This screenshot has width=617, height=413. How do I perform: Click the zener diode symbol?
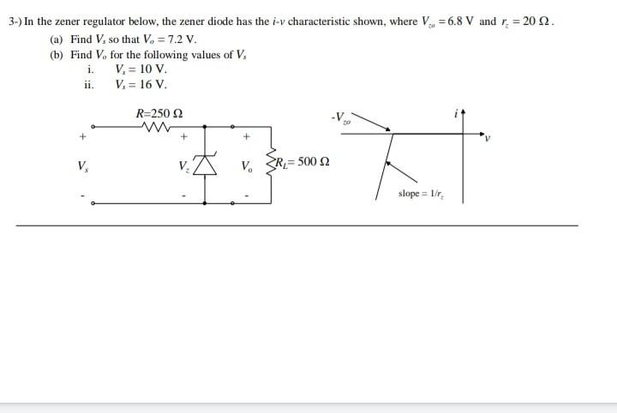point(206,165)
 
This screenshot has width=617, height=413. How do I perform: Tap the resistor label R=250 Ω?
point(159,113)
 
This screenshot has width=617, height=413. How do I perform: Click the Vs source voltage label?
point(82,165)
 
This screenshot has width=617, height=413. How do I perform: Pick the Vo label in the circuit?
point(247,166)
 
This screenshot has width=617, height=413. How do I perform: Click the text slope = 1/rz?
point(420,194)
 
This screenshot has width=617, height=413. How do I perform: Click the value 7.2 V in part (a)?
point(180,39)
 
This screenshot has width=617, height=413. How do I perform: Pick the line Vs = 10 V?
point(141,69)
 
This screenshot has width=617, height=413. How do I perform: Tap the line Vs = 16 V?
point(141,85)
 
